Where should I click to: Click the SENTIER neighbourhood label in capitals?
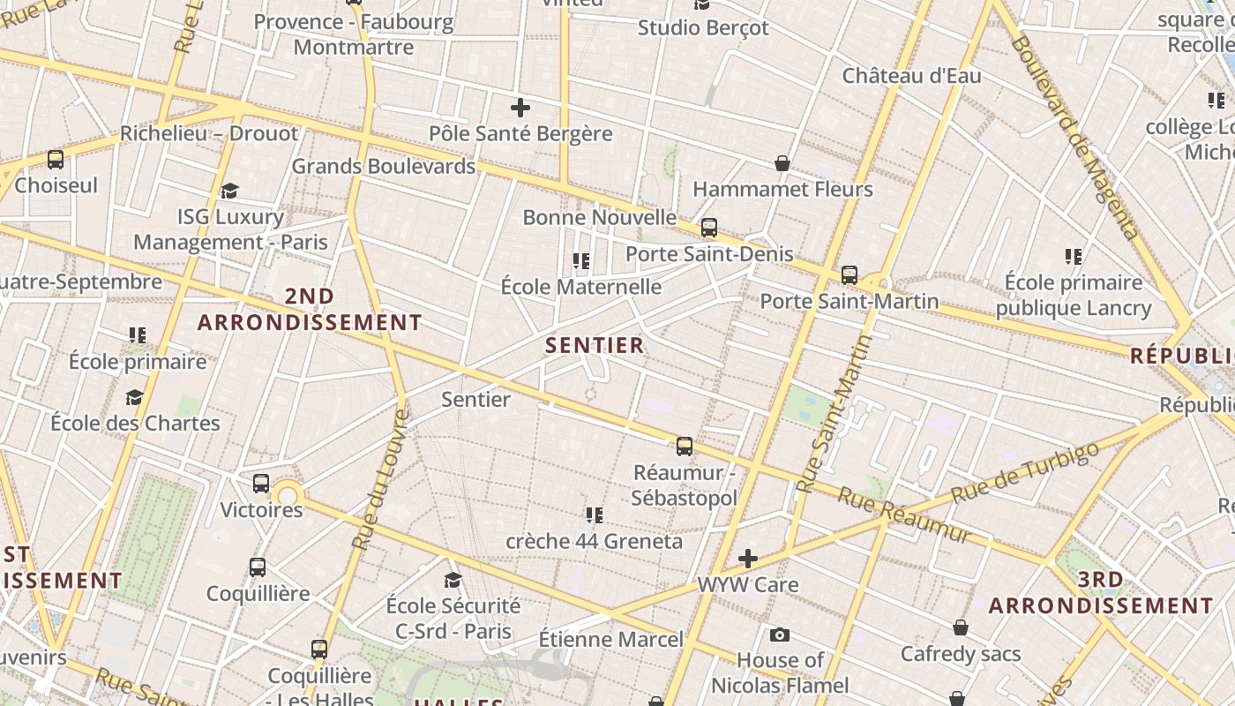pyautogui.click(x=595, y=345)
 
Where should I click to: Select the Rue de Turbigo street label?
pyautogui.click(x=1025, y=472)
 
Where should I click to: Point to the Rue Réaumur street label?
pyautogui.click(x=903, y=515)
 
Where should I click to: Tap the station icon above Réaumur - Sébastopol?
pyautogui.click(x=685, y=447)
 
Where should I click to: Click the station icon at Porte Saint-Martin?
pyautogui.click(x=849, y=275)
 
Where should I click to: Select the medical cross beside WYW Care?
pyautogui.click(x=748, y=559)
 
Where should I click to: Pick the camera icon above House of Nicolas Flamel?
pyautogui.click(x=779, y=635)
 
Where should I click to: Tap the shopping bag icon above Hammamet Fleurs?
pyautogui.click(x=782, y=163)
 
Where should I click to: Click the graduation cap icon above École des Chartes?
pyautogui.click(x=134, y=398)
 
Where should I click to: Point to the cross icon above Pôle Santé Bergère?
pyautogui.click(x=520, y=109)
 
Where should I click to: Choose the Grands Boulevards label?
pyautogui.click(x=383, y=166)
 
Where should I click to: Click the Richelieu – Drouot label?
pyautogui.click(x=209, y=134)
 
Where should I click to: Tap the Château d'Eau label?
pyautogui.click(x=911, y=76)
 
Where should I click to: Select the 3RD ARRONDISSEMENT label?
pyautogui.click(x=1101, y=593)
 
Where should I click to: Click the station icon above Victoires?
pyautogui.click(x=261, y=484)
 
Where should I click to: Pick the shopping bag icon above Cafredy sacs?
pyautogui.click(x=961, y=627)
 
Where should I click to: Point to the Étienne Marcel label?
pyautogui.click(x=610, y=640)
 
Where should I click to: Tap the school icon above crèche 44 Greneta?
pyautogui.click(x=595, y=514)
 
